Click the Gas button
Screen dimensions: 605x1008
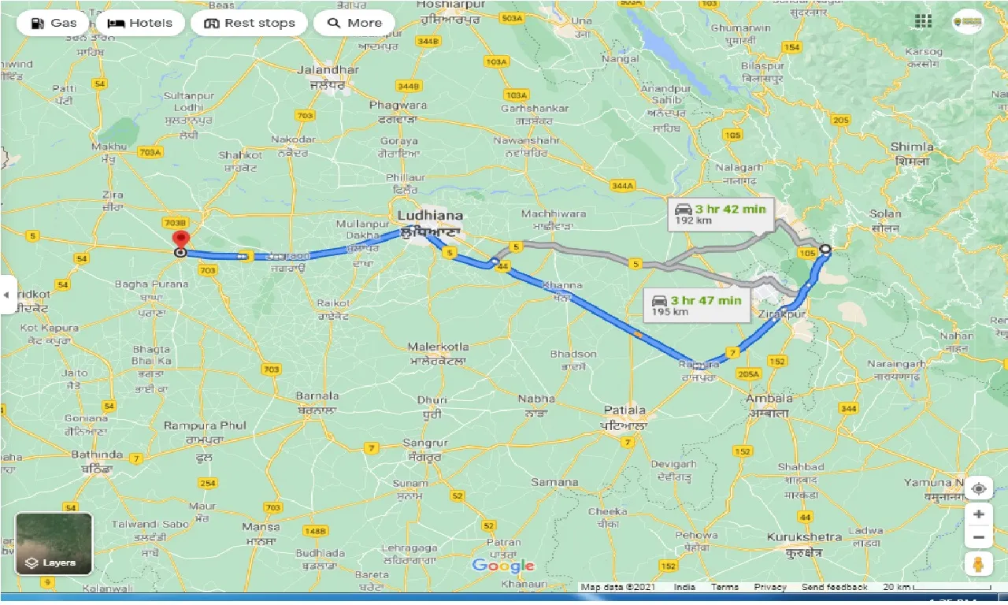pyautogui.click(x=54, y=23)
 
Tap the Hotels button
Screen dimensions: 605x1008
pyautogui.click(x=140, y=23)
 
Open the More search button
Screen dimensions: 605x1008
pyautogui.click(x=355, y=23)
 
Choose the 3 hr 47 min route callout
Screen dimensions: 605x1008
pyautogui.click(x=696, y=305)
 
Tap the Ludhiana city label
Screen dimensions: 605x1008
pyautogui.click(x=430, y=215)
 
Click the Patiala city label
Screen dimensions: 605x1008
pyautogui.click(x=624, y=410)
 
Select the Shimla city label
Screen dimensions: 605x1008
pyautogui.click(x=912, y=147)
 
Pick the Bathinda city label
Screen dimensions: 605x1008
pyautogui.click(x=97, y=455)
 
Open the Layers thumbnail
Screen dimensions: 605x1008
pyautogui.click(x=54, y=544)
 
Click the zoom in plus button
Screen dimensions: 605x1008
pyautogui.click(x=978, y=514)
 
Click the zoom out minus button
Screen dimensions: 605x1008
pyautogui.click(x=978, y=538)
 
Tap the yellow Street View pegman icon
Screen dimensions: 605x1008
pyautogui.click(x=978, y=564)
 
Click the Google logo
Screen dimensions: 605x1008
pyautogui.click(x=503, y=566)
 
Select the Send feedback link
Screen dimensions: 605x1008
pyautogui.click(x=835, y=587)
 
